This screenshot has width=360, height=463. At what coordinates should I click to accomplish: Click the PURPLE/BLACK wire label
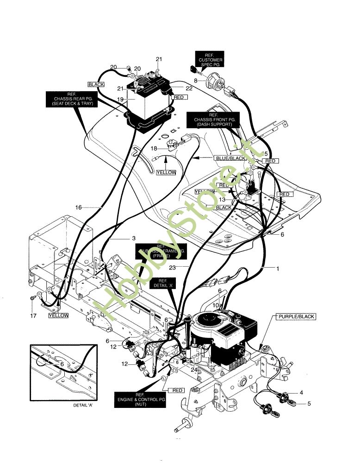click(296, 317)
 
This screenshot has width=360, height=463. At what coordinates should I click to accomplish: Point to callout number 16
click(78, 207)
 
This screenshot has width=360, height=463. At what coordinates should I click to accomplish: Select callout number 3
click(134, 238)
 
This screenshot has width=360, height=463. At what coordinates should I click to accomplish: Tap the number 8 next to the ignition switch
click(196, 81)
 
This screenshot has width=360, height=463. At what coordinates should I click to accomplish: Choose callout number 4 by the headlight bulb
click(301, 393)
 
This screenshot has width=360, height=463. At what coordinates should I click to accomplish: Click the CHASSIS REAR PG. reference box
click(70, 99)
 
